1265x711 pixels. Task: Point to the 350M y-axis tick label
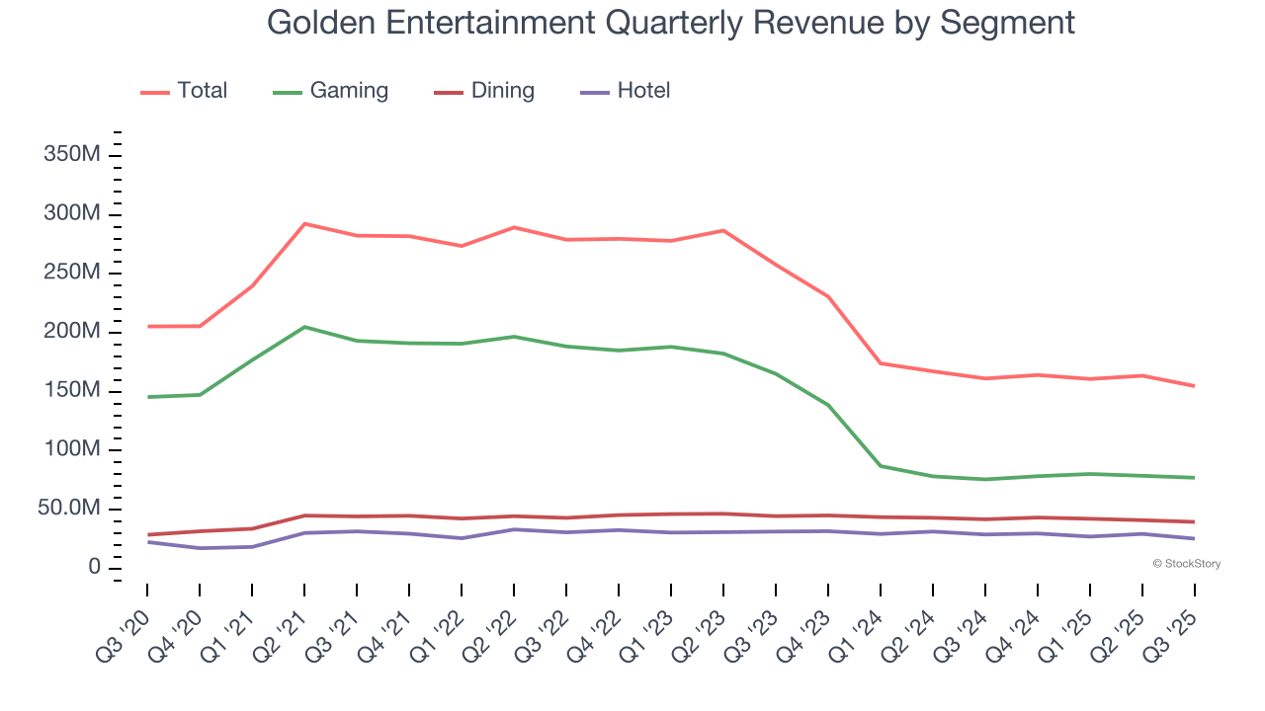point(71,156)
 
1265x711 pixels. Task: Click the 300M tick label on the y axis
point(71,214)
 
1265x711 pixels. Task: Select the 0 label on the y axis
point(94,567)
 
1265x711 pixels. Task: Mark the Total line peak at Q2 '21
point(304,224)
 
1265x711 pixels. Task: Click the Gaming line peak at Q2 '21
point(304,327)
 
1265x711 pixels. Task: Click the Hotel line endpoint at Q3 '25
point(1194,538)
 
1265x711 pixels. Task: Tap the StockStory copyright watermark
point(1186,564)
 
